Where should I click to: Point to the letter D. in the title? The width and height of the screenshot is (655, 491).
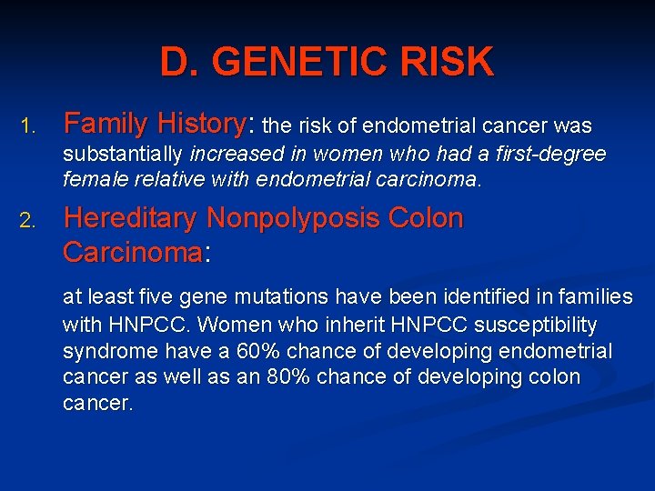tap(177, 62)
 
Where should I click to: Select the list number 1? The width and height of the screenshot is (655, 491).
tap(26, 125)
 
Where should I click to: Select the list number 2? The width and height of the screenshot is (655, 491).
tap(27, 221)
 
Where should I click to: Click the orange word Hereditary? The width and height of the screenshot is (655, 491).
tap(129, 219)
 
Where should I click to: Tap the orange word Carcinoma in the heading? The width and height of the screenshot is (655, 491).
tap(131, 252)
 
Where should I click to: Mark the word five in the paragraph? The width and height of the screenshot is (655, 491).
tap(156, 296)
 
